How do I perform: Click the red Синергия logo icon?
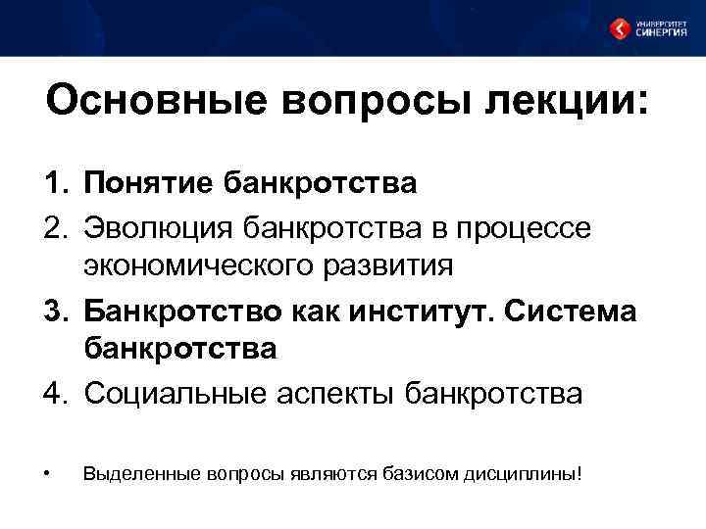pos(620,28)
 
